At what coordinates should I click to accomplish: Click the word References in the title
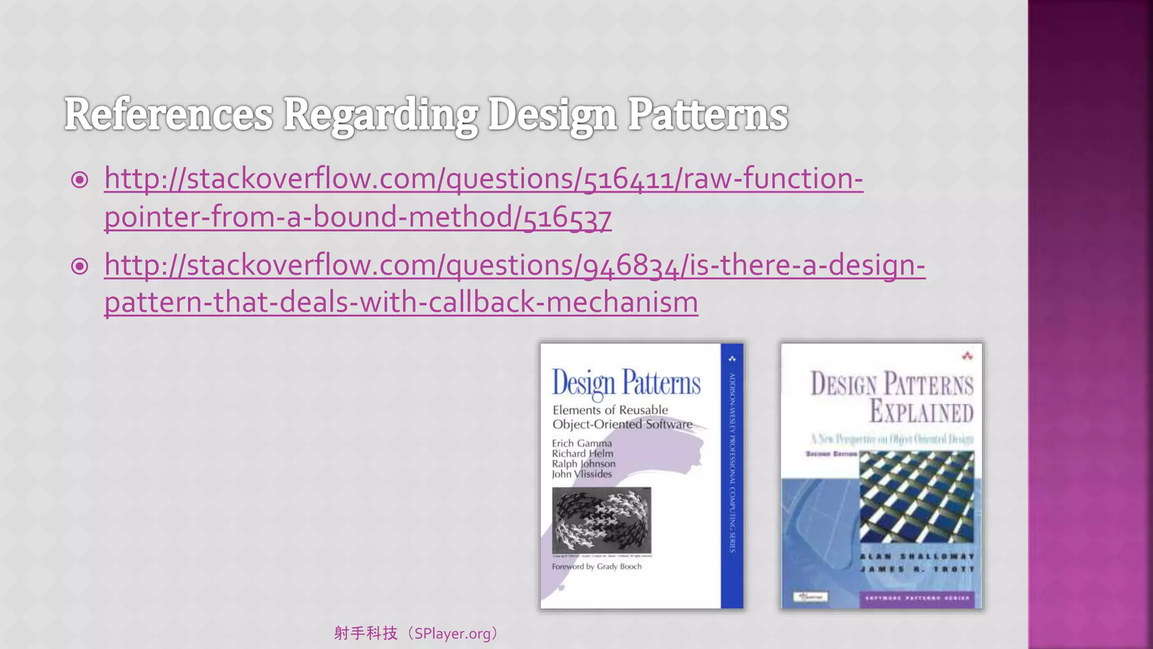(168, 115)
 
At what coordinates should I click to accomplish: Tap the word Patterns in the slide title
(707, 115)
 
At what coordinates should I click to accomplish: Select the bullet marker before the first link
(80, 180)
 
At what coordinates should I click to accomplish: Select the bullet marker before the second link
(80, 266)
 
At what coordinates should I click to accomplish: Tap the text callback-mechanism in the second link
(563, 303)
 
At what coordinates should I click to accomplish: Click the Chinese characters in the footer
(366, 634)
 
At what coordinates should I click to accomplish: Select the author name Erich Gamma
(582, 443)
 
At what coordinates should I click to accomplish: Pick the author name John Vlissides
(582, 474)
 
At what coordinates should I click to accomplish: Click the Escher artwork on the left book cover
(601, 520)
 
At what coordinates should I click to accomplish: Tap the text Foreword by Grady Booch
(596, 567)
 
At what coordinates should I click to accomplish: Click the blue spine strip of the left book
(732, 476)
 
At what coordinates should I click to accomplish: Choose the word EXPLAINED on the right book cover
(921, 411)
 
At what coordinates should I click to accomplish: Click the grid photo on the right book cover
(917, 496)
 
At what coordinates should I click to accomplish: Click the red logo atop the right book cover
(967, 356)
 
